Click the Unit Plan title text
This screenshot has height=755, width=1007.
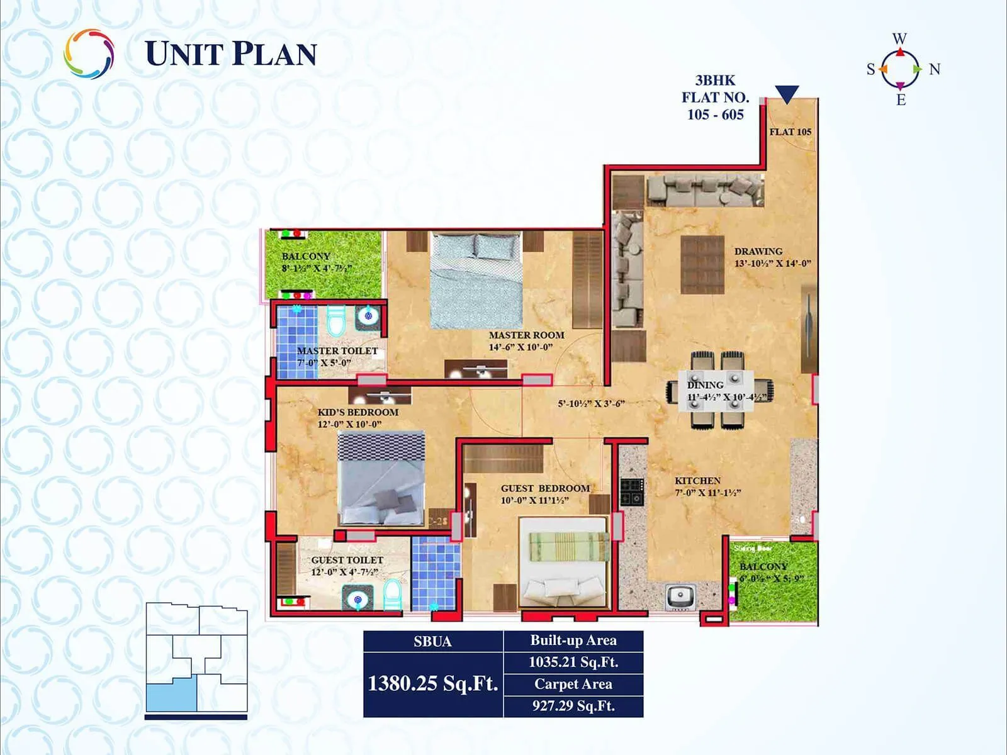click(231, 54)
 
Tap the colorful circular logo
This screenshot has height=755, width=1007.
click(89, 53)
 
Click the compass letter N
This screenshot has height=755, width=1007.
click(935, 69)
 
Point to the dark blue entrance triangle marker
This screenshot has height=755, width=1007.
click(787, 94)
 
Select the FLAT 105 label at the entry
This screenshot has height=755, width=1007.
click(790, 132)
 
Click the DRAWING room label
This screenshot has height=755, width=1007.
click(758, 252)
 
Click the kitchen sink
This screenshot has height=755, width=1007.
click(679, 596)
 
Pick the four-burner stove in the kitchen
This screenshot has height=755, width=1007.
click(632, 491)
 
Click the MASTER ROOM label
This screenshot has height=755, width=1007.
click(526, 335)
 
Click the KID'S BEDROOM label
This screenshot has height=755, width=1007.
click(357, 412)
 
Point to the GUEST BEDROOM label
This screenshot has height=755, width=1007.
click(545, 488)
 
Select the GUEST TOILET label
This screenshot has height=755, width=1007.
click(347, 560)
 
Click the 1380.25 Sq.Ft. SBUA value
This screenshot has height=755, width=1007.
click(433, 683)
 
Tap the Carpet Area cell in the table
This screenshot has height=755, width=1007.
click(573, 684)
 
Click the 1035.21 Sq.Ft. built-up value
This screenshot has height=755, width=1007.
click(573, 662)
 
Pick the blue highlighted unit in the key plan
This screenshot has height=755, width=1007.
click(171, 693)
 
